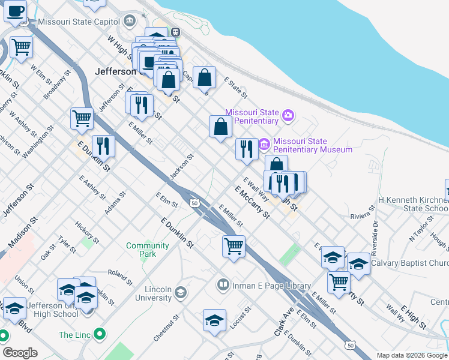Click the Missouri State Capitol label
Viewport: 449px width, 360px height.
point(79,22)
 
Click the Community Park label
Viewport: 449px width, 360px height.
point(148,250)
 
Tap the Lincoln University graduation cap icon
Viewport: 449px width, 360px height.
point(179,293)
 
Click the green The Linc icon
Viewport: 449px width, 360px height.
point(101,334)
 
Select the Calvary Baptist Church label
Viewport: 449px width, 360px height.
point(409,263)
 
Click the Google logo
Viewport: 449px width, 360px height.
point(20,353)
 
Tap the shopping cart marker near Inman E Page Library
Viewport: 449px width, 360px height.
point(234,245)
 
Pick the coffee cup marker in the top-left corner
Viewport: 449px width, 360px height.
point(16,10)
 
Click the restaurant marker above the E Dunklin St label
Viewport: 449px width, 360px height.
point(103,146)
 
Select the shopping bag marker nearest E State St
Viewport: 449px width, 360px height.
point(205,77)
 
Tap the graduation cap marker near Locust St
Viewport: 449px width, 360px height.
point(214,320)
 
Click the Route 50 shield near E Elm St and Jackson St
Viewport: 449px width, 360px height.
point(194,203)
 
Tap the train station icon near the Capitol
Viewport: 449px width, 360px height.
point(175,32)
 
